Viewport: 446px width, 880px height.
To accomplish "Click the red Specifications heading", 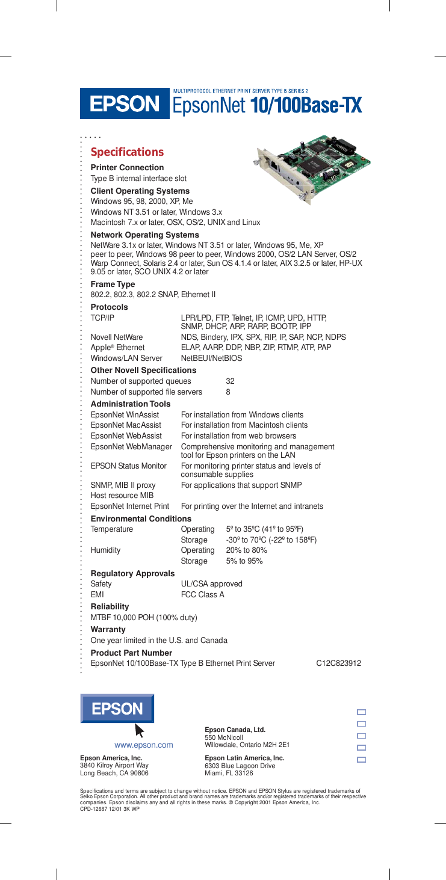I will click(x=126, y=152).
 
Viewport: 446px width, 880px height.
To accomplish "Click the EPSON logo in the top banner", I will click(x=125, y=103).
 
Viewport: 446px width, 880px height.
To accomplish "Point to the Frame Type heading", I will click(x=113, y=284).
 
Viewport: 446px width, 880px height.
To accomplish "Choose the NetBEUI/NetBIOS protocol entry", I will click(x=211, y=358).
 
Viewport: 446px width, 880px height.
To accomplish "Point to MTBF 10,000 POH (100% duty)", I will click(x=144, y=617).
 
